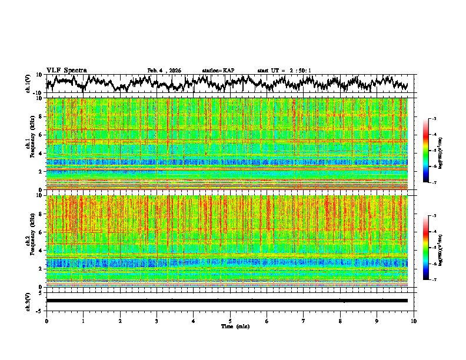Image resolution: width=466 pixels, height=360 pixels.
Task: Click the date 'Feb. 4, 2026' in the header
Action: pyautogui.click(x=164, y=71)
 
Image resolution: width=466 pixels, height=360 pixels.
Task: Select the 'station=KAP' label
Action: pyautogui.click(x=218, y=71)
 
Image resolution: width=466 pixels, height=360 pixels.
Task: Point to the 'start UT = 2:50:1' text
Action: pyautogui.click(x=284, y=71)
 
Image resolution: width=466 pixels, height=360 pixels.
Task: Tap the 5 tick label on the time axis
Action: pyautogui.click(x=230, y=321)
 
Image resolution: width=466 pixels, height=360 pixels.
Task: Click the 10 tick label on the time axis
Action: pyautogui.click(x=414, y=321)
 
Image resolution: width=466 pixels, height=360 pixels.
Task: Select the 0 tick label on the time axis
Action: pyautogui.click(x=46, y=321)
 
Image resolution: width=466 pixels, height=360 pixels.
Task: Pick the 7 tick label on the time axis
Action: pyautogui.click(x=304, y=321)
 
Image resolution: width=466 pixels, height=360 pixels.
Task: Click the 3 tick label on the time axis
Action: pyautogui.click(x=157, y=321)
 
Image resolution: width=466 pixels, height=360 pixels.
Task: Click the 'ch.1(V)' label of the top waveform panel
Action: pyautogui.click(x=28, y=84)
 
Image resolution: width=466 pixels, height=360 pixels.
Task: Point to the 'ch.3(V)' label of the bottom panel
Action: pyautogui.click(x=28, y=301)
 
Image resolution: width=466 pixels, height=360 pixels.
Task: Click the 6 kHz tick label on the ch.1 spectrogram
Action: pyautogui.click(x=41, y=135)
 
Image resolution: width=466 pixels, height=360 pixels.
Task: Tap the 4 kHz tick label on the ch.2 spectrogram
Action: pyautogui.click(x=41, y=251)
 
